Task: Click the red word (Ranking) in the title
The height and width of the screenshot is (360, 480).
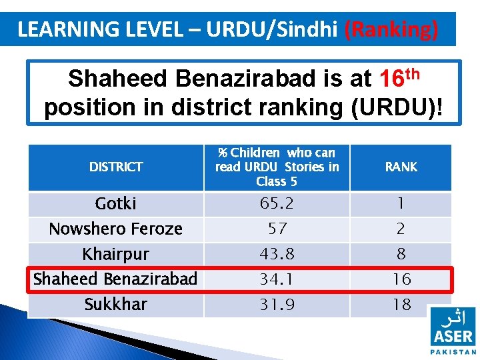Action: pos(391,30)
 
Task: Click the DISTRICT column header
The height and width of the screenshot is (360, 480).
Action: pos(116,167)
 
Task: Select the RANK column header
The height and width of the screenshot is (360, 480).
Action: pos(401,167)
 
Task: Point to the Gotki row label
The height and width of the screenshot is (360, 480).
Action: pos(116,203)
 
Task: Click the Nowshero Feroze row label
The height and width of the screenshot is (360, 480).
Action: pos(116,229)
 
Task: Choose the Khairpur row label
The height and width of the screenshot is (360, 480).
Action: pos(116,254)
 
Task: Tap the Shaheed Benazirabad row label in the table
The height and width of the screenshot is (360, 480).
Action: pos(116,279)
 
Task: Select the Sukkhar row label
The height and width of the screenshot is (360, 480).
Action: pos(116,304)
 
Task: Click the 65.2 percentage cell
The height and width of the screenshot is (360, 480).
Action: pos(277,203)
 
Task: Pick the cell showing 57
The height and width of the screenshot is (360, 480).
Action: pos(277,229)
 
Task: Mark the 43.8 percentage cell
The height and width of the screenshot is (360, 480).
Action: pos(277,254)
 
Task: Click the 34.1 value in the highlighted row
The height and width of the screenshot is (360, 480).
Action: pos(277,279)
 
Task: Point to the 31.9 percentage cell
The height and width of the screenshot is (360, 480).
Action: pos(277,304)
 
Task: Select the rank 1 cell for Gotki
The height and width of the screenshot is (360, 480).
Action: pos(401,203)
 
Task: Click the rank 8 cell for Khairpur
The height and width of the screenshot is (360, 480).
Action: pos(401,254)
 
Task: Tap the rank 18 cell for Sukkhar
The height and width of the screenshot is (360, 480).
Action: pos(401,304)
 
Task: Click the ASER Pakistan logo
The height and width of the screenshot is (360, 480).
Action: pos(453,330)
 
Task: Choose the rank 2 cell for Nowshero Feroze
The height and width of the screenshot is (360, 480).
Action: pos(401,229)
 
